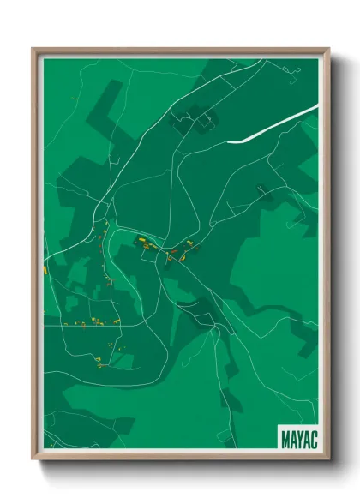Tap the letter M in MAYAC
[285, 438]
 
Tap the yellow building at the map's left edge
[45, 270]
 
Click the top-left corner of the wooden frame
[33, 49]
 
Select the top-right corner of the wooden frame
[327, 49]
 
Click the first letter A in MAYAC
[291, 438]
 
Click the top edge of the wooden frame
[180, 50]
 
